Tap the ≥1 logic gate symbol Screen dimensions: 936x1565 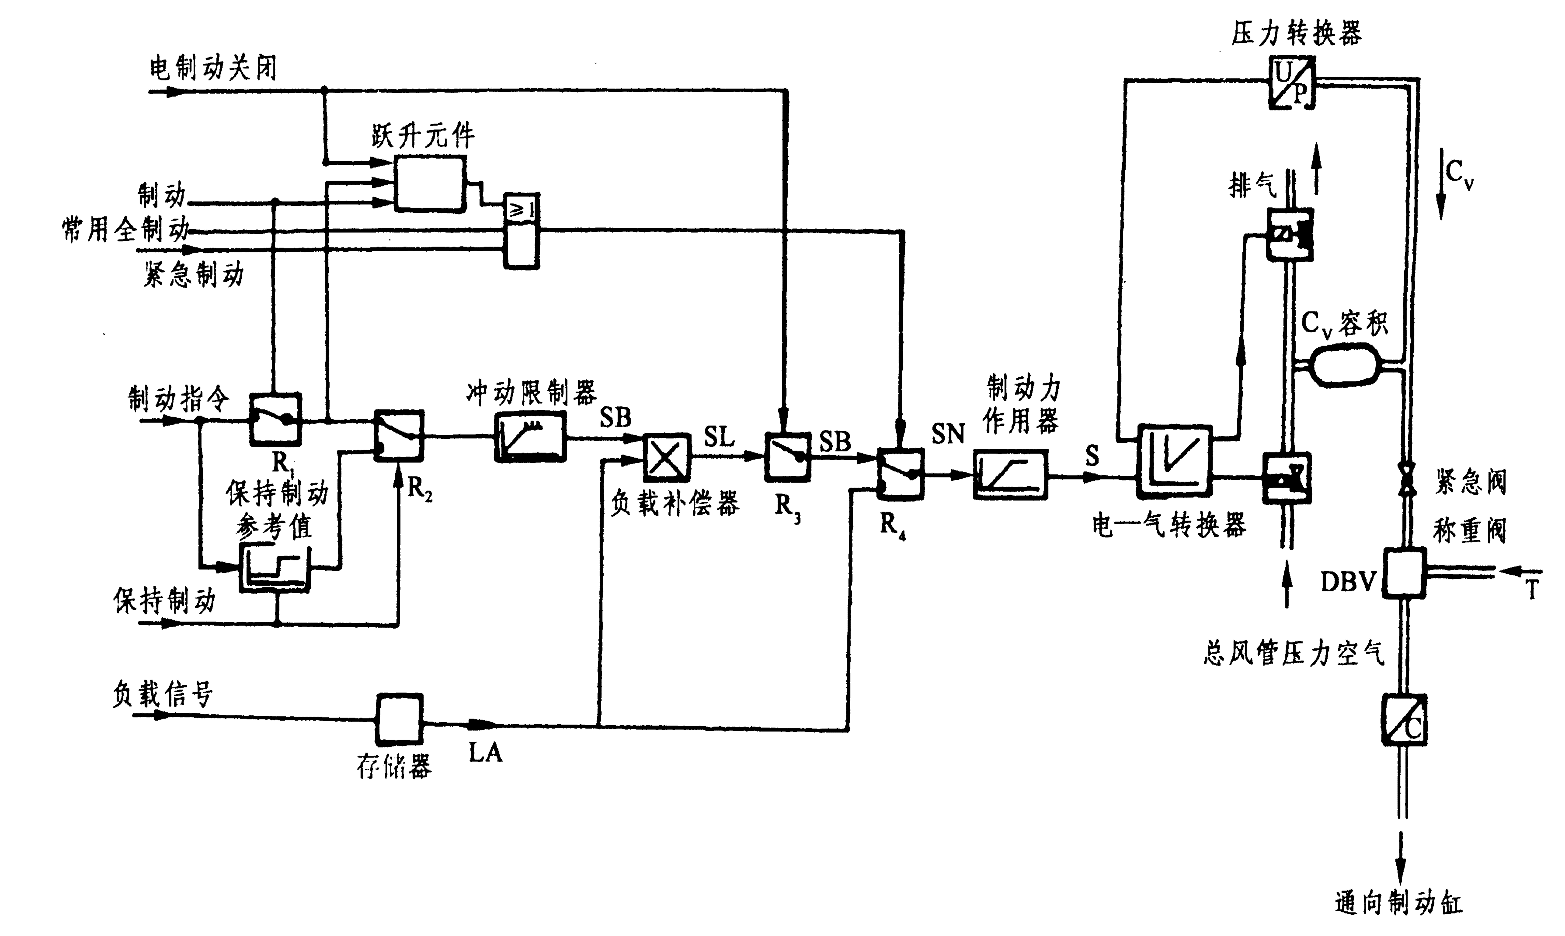point(521,210)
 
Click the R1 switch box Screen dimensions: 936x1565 point(276,419)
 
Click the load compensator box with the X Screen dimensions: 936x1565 point(666,457)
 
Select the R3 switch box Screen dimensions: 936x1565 point(787,457)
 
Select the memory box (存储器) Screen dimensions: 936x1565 point(399,718)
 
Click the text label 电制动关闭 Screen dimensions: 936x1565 point(213,68)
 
